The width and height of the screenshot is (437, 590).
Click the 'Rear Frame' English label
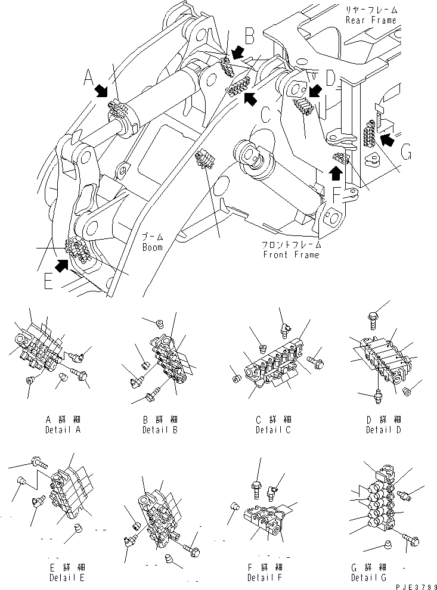click(370, 20)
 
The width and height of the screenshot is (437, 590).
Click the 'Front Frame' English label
click(290, 255)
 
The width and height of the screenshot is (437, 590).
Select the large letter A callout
click(88, 77)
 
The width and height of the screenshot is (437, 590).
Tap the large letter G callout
click(406, 155)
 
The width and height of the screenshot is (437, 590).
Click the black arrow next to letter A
click(101, 91)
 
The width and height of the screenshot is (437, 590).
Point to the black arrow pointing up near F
click(336, 172)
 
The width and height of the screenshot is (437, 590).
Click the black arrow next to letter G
click(388, 140)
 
